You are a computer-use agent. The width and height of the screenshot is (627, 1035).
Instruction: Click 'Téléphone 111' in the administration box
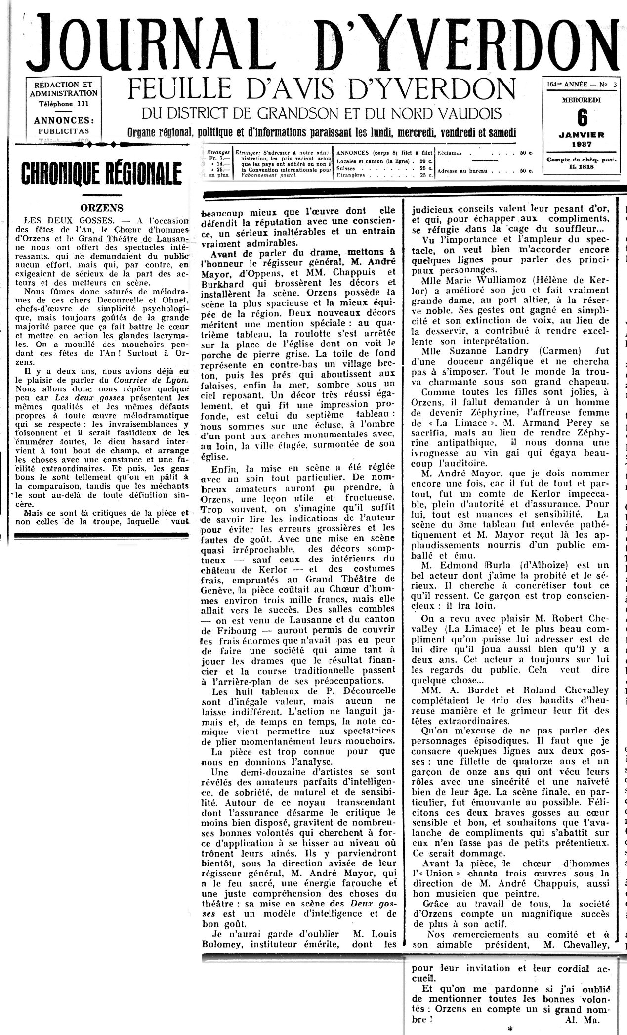63,104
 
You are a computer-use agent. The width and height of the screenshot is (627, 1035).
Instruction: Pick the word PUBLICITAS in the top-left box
63,131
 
